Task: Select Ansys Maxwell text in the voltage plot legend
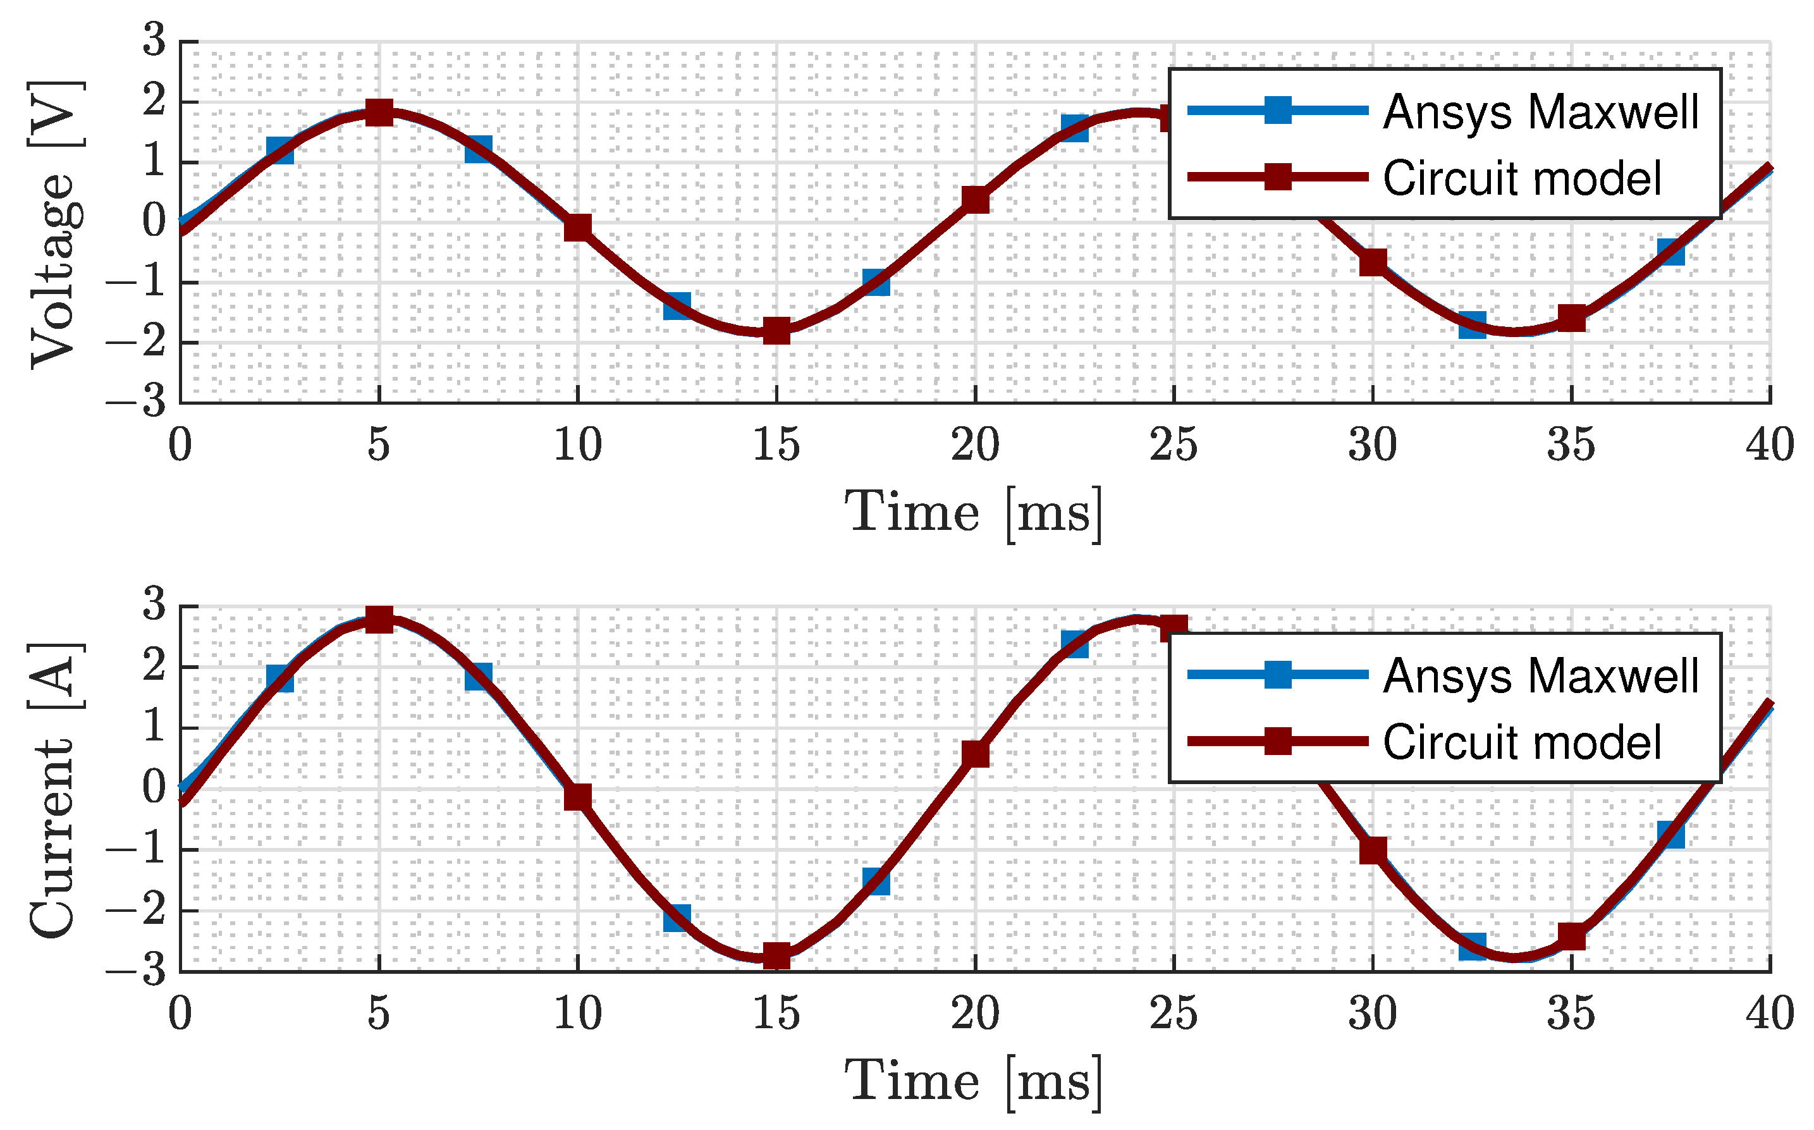pyautogui.click(x=1541, y=112)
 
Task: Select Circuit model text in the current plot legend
pyautogui.click(x=1522, y=742)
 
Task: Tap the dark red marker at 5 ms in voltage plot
pyautogui.click(x=379, y=114)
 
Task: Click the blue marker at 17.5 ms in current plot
pyautogui.click(x=876, y=881)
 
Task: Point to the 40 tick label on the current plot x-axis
pyautogui.click(x=1769, y=1014)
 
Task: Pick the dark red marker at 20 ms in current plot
pyautogui.click(x=976, y=754)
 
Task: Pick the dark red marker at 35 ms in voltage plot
pyautogui.click(x=1572, y=317)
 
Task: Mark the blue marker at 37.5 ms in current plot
pyautogui.click(x=1670, y=833)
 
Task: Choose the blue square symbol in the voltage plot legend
pyautogui.click(x=1278, y=111)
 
